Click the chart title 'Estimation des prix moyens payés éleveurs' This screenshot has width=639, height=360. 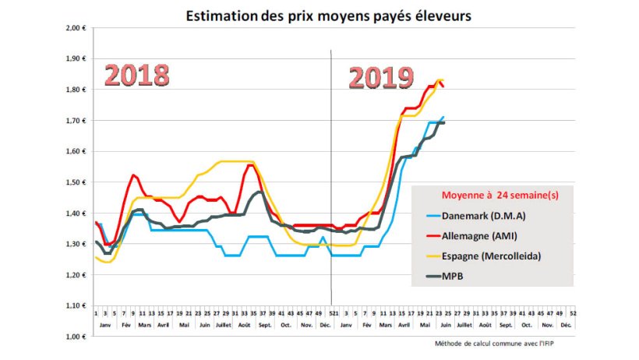pyautogui.click(x=328, y=15)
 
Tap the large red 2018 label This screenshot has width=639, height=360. pyautogui.click(x=137, y=75)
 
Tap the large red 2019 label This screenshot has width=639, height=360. pyautogui.click(x=380, y=78)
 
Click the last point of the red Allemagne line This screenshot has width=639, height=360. pyautogui.click(x=443, y=86)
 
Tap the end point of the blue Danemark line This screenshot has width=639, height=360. pyautogui.click(x=444, y=117)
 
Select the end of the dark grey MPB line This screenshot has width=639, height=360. pyautogui.click(x=444, y=122)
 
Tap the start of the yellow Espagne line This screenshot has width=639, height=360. pyautogui.click(x=95, y=256)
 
